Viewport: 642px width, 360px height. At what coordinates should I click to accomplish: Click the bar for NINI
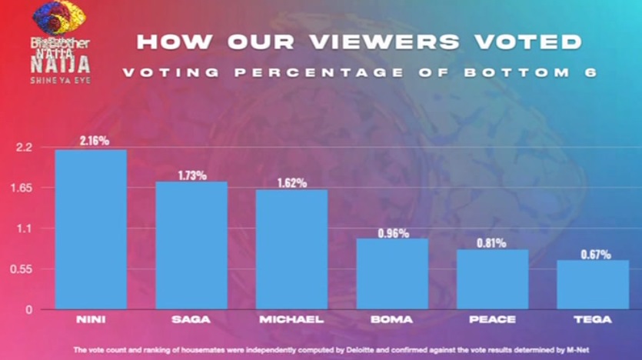tap(91, 229)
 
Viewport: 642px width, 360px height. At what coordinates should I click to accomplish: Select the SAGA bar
tap(191, 245)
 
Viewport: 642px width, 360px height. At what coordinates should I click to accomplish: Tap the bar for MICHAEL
tap(292, 249)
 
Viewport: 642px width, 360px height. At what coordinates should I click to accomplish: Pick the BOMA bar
tap(393, 274)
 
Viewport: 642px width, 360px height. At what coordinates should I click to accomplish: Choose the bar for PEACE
tap(493, 279)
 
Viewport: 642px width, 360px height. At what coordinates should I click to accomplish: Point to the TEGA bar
tap(593, 285)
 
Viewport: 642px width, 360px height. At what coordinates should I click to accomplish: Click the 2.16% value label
tap(93, 141)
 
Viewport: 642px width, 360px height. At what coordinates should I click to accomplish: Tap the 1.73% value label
tap(191, 175)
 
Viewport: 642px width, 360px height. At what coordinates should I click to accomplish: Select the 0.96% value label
tap(393, 232)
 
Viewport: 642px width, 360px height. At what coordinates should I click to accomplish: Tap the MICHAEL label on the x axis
tap(291, 318)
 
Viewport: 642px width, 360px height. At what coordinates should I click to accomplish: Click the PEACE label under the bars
tap(493, 318)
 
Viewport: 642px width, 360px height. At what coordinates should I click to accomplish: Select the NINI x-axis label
tap(91, 318)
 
